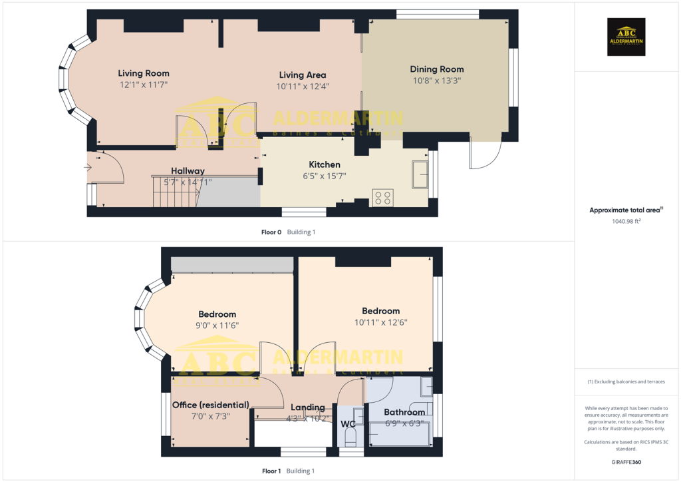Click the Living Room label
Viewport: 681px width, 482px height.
click(144, 73)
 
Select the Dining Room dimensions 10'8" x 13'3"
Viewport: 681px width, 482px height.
click(436, 81)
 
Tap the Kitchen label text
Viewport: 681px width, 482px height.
click(325, 164)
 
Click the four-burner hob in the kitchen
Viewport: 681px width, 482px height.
click(383, 197)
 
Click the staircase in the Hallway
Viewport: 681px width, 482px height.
click(176, 192)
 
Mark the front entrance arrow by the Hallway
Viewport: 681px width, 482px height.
click(88, 168)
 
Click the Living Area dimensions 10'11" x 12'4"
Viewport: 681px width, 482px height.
click(303, 87)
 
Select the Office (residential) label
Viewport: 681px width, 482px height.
click(211, 405)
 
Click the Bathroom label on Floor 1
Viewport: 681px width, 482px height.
click(404, 412)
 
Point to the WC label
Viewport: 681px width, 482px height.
click(348, 423)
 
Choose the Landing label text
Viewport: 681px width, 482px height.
click(308, 407)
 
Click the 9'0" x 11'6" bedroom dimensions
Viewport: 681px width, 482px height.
click(217, 326)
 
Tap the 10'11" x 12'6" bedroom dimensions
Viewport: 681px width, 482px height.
click(380, 322)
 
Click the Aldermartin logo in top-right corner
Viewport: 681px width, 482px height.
click(626, 37)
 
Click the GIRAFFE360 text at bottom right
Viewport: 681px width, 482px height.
click(626, 462)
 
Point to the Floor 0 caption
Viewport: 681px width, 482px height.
click(271, 232)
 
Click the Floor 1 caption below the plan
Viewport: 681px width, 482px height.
click(271, 471)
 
